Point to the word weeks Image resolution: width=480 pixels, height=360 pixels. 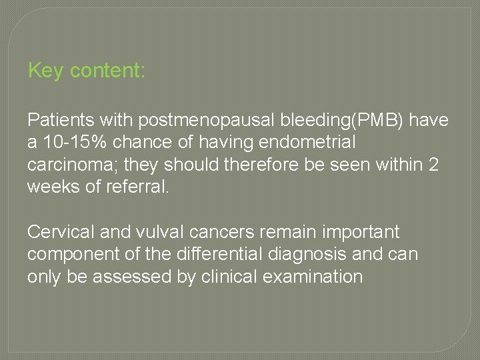tap(55, 186)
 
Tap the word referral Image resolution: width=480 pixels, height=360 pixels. tap(142, 186)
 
